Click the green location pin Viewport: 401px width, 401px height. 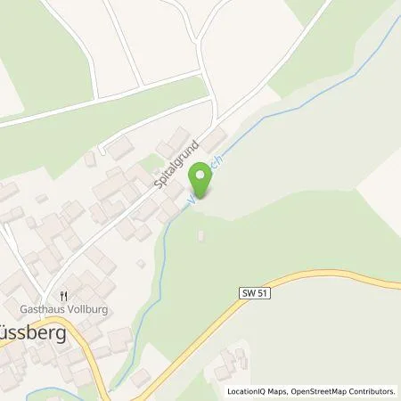tap(202, 182)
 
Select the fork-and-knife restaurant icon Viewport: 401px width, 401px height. tap(63, 295)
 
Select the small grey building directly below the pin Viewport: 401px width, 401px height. tap(200, 234)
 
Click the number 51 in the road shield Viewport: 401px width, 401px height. tap(259, 291)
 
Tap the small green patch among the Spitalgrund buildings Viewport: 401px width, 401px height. tap(149, 163)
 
